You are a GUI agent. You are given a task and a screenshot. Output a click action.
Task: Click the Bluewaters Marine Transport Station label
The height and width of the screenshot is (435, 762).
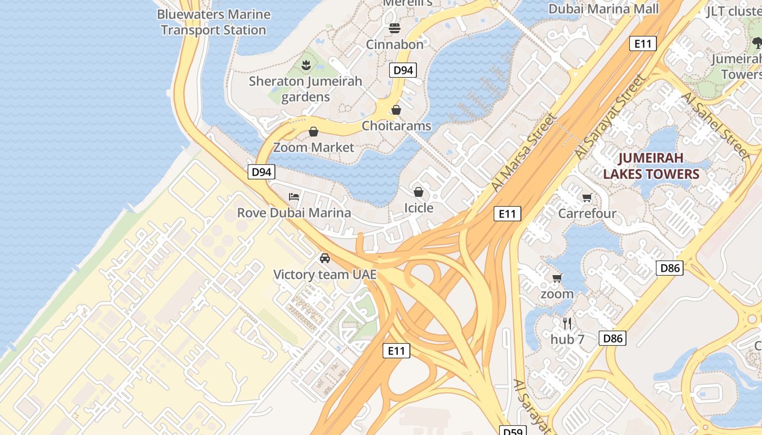[213, 22]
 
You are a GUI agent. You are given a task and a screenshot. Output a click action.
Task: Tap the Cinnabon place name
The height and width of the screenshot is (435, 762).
[395, 45]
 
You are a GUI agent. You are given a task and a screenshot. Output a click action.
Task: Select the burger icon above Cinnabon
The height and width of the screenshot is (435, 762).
[395, 28]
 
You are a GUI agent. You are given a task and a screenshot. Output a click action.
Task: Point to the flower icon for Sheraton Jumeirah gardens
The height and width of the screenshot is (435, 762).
[306, 66]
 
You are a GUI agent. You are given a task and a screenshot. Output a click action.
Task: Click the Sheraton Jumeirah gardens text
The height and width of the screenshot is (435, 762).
[305, 89]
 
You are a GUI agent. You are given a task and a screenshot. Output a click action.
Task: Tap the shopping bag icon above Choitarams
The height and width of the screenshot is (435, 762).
[396, 110]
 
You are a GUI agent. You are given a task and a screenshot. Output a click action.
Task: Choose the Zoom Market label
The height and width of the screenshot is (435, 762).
[314, 147]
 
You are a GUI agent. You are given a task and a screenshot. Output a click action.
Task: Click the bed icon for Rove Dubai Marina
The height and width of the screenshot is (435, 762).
[294, 196]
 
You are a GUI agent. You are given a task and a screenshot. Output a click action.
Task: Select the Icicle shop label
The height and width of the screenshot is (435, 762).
[419, 208]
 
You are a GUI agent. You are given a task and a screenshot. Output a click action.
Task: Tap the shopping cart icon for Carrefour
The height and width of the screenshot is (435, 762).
[587, 197]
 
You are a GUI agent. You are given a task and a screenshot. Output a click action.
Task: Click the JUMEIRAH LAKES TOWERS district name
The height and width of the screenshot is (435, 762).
[651, 166]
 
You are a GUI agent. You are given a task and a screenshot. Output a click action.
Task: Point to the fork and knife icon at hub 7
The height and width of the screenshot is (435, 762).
[567, 324]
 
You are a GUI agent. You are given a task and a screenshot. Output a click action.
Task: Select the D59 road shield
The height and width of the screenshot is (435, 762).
[513, 431]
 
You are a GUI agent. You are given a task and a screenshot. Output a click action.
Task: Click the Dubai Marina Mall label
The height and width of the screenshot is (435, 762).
[603, 9]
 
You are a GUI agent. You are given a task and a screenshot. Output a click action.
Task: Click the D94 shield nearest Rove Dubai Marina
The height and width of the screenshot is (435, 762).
[262, 172]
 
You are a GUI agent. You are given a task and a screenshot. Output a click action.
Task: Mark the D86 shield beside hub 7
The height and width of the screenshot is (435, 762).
[613, 338]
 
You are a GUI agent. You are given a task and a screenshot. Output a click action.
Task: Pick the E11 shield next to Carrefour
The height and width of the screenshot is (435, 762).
[507, 214]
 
